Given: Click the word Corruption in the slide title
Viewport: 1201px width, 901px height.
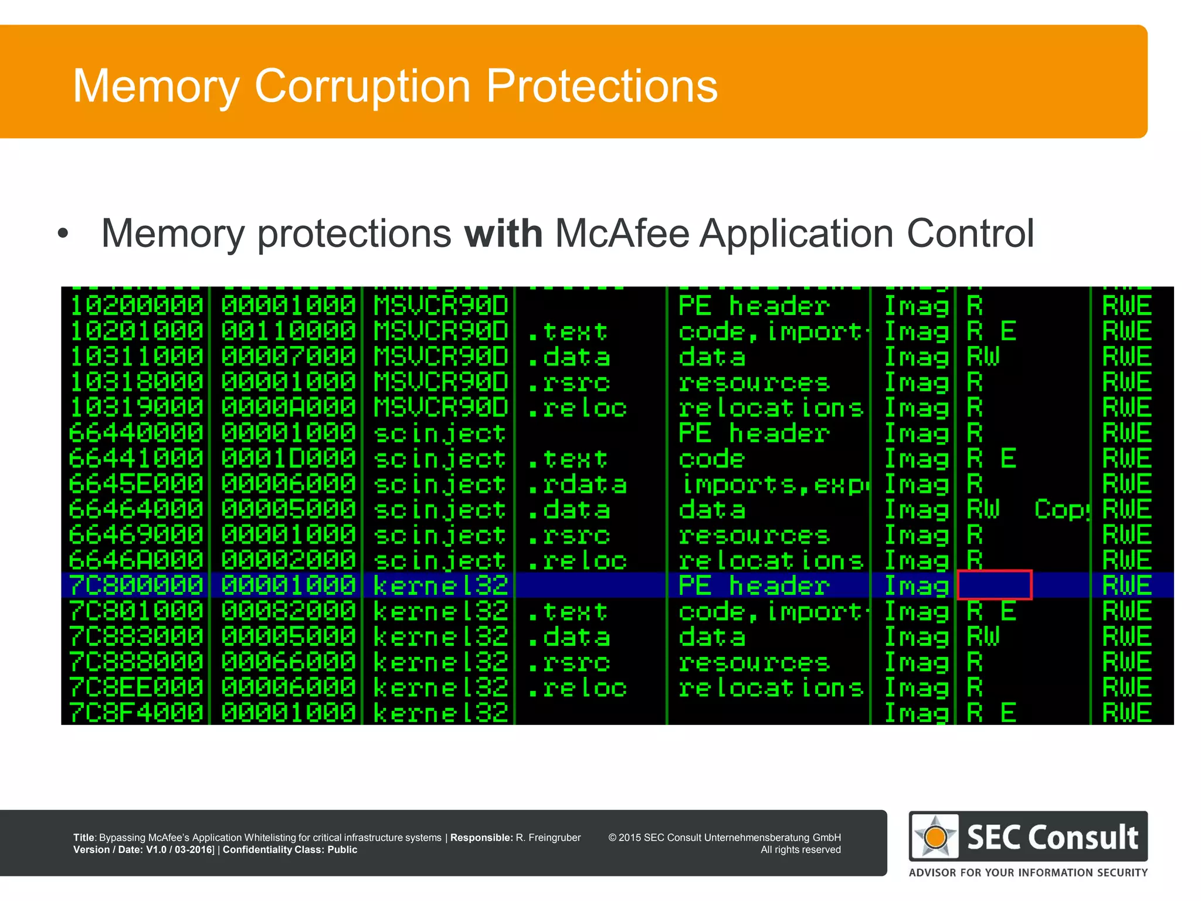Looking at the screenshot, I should [x=362, y=87].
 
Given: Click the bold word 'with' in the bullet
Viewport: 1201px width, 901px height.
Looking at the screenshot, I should [x=503, y=233].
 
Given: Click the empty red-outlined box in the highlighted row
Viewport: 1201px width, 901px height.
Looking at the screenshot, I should [x=994, y=585].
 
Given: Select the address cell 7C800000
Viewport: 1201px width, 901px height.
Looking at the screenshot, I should [x=136, y=585].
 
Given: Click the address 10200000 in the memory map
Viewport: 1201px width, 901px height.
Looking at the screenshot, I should [x=136, y=306].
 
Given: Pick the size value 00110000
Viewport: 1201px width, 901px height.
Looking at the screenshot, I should [x=289, y=331].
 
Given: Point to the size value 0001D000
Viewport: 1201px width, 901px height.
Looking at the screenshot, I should [x=289, y=459].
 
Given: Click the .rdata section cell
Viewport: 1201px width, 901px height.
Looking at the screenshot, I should [x=577, y=485].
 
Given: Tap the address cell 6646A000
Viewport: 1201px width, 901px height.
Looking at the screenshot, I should [x=136, y=560].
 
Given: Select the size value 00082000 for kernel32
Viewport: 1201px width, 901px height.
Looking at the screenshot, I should [x=289, y=611].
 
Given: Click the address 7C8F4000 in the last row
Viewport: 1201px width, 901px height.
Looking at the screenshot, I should [x=136, y=713].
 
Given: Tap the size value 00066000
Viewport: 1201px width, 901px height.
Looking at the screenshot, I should [x=289, y=662].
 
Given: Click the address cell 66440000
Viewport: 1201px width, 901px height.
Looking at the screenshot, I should [x=136, y=433].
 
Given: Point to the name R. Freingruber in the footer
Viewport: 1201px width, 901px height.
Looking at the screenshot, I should [x=548, y=838].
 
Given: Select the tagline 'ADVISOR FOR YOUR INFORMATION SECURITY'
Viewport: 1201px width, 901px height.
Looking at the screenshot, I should [x=1028, y=872].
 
